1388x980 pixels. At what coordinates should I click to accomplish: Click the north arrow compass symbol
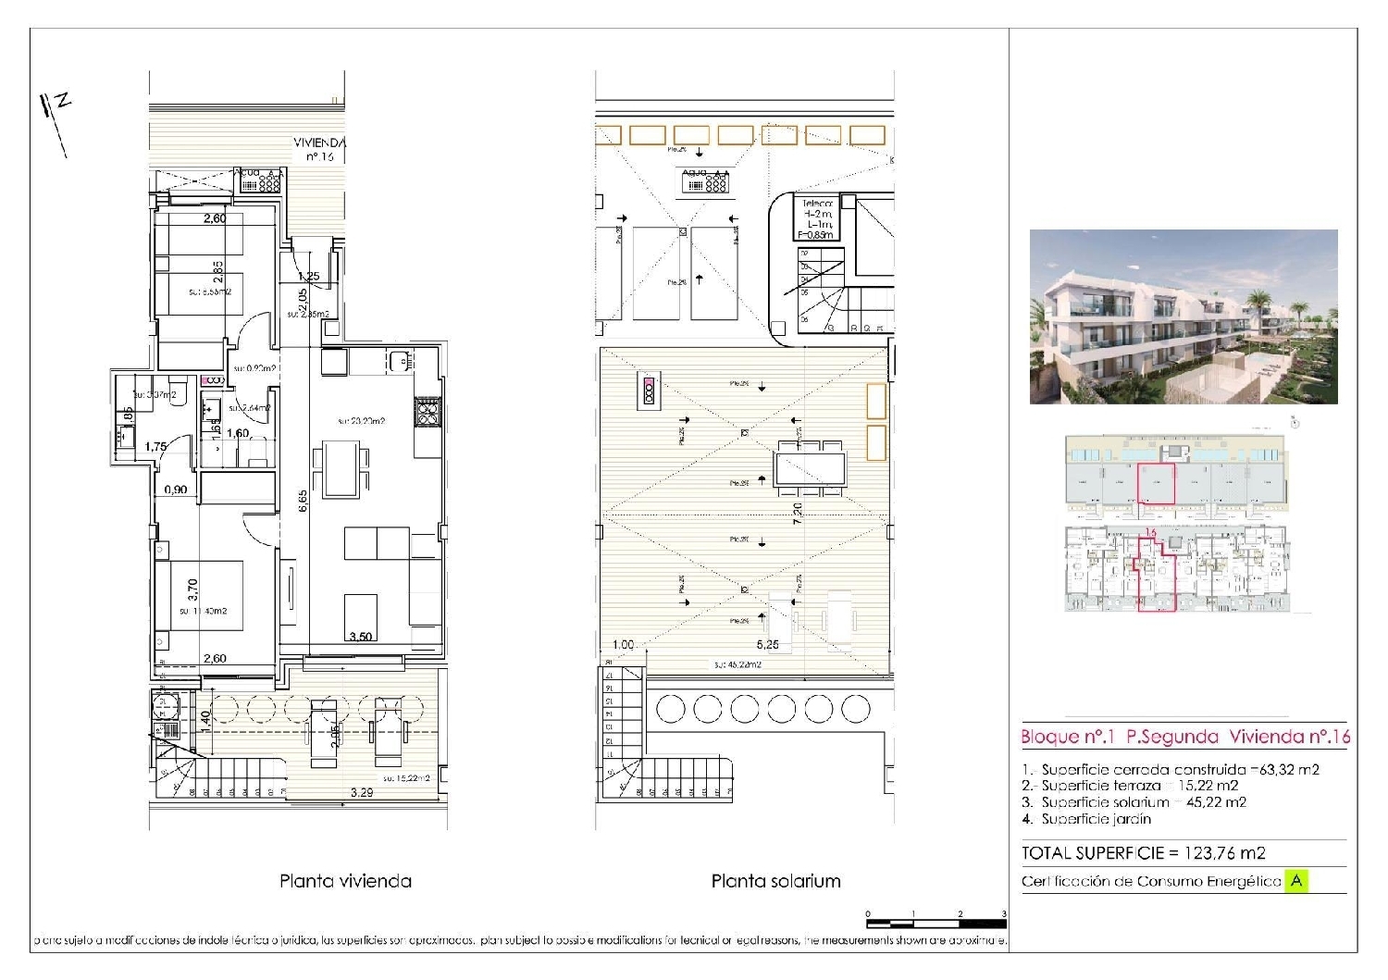(55, 120)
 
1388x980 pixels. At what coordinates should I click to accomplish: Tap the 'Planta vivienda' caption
(345, 881)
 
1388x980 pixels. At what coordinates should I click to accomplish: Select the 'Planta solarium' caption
(775, 881)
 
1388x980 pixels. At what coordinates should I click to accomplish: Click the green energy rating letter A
(1296, 881)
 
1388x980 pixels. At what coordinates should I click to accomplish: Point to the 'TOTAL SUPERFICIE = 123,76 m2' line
(1143, 853)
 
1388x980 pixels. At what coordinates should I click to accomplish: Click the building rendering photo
(1184, 316)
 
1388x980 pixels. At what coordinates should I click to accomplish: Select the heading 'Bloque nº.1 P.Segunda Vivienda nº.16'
(1184, 737)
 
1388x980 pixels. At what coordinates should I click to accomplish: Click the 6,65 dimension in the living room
(303, 501)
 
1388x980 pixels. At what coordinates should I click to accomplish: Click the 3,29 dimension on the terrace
(363, 793)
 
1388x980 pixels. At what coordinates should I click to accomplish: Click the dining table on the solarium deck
(811, 462)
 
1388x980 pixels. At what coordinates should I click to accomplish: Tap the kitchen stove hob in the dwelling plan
(427, 410)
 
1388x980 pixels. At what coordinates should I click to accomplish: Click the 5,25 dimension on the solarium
(767, 645)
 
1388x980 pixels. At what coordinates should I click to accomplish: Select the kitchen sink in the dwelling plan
(400, 360)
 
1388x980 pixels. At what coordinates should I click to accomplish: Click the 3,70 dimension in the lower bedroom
(192, 590)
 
